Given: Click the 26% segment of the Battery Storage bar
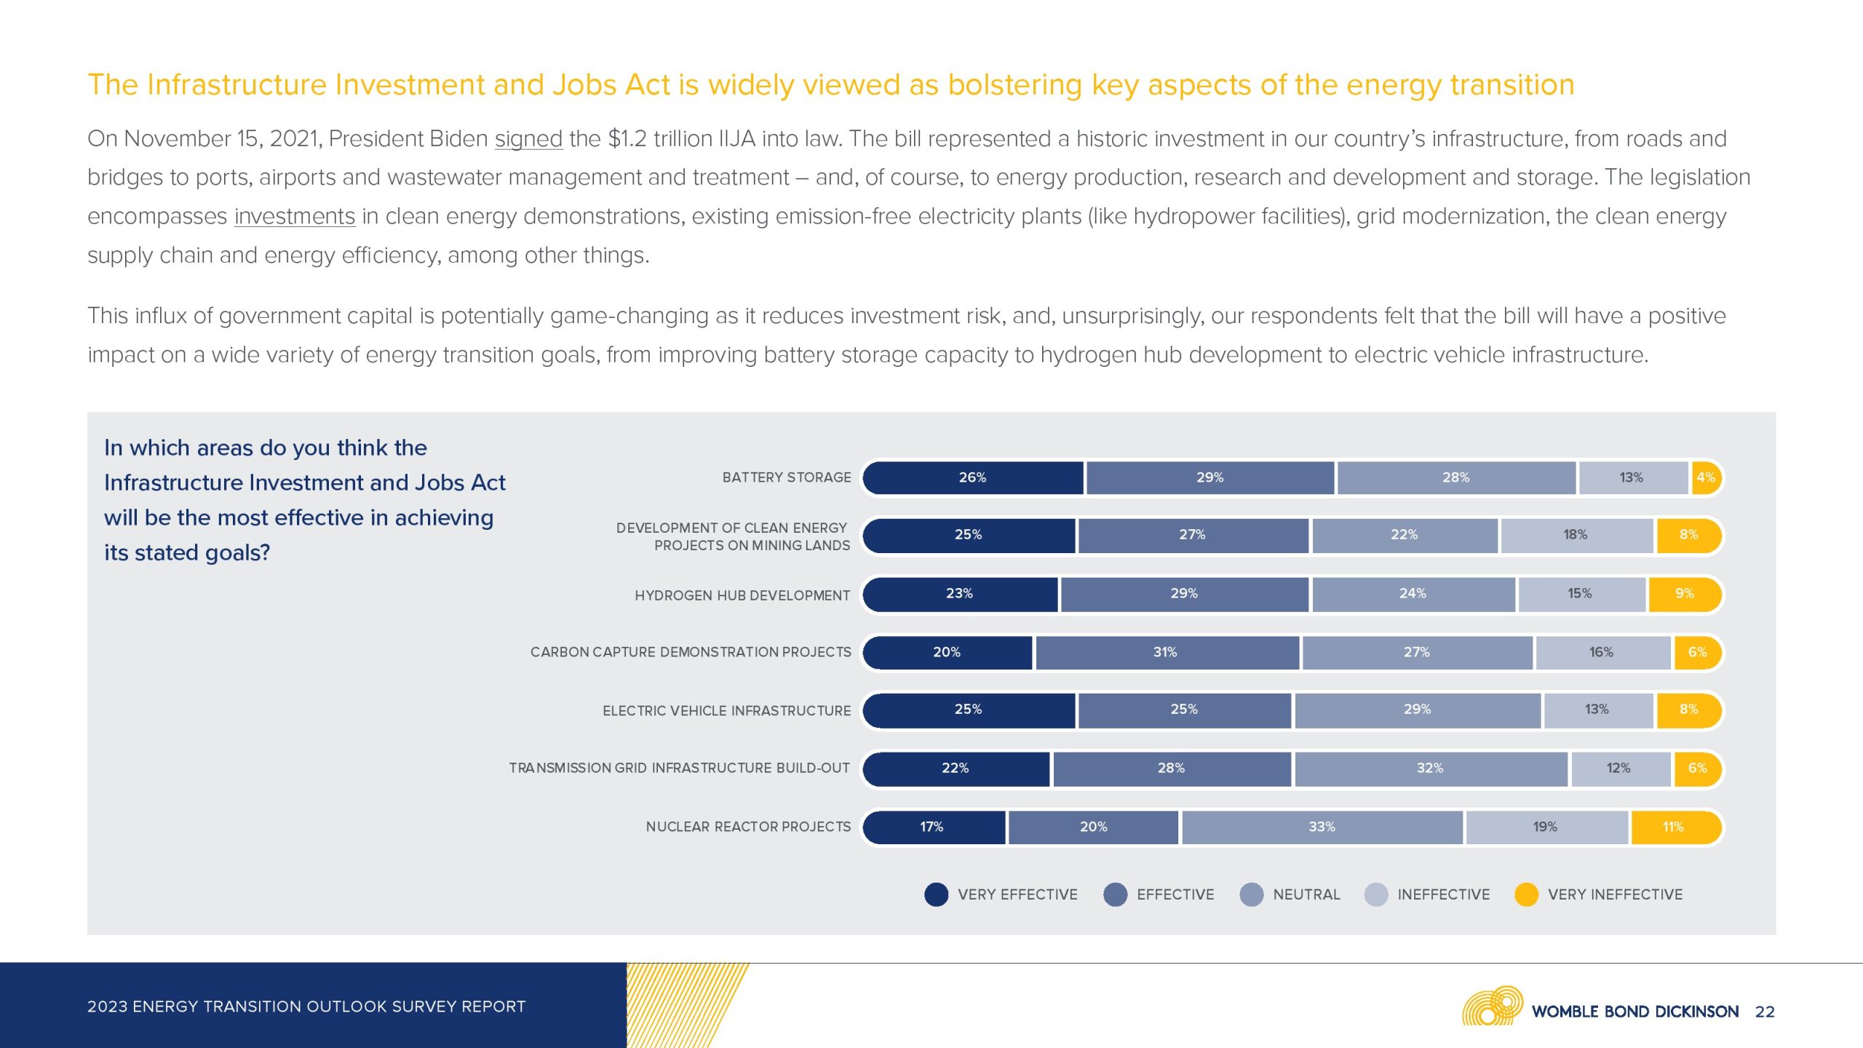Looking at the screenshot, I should (972, 477).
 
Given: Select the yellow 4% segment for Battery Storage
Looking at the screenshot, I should (1706, 477).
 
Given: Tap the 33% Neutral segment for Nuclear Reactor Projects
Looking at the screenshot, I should (1322, 827).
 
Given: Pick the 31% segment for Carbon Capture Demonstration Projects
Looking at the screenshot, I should (1166, 652).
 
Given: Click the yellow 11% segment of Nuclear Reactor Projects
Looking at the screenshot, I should (1674, 827).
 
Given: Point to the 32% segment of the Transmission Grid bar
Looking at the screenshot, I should (1430, 768).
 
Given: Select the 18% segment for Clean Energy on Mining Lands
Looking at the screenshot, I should (1576, 535).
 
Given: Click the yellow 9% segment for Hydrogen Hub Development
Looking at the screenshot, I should (1684, 594).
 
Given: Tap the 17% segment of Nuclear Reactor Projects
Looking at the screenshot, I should (932, 827).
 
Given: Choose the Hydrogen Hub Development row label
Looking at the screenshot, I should (742, 595).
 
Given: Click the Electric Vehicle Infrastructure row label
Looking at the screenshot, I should (726, 710).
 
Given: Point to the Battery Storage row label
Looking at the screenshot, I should (786, 477).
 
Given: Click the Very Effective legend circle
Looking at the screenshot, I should (937, 894).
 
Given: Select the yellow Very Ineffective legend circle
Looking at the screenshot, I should (1526, 894).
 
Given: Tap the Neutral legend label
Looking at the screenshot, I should (1306, 894).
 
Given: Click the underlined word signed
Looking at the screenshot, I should (528, 138).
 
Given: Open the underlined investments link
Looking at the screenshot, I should (294, 216).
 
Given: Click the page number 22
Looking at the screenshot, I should (1765, 1012).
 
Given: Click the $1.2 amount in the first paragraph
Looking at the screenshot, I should (627, 138).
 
